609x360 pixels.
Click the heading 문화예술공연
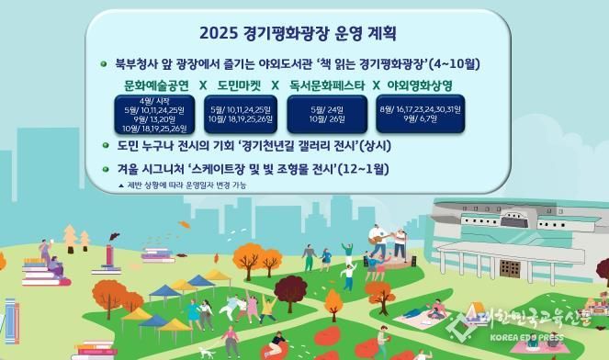coord(156,85)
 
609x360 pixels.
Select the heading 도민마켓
coord(240,85)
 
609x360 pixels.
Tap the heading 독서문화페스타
coord(327,85)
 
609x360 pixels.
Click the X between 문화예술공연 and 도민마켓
coord(202,85)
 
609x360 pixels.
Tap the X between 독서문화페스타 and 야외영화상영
coord(376,85)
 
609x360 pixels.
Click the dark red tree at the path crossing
coord(333,301)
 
